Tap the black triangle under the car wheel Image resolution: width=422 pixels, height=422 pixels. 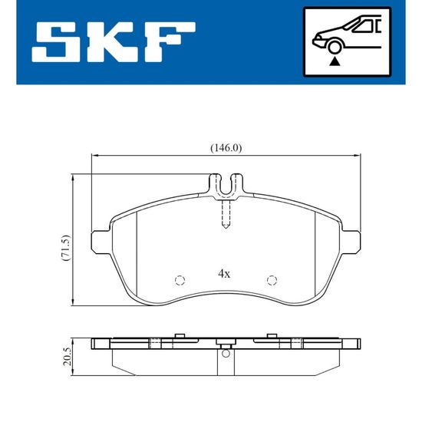(335, 61)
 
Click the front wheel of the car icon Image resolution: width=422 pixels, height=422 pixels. (334, 47)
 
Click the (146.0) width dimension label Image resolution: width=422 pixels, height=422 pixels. (226, 148)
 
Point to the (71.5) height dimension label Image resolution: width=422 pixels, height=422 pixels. (66, 248)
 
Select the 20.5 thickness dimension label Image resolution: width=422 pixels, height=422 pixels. (67, 356)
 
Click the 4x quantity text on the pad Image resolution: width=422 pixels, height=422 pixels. (224, 274)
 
